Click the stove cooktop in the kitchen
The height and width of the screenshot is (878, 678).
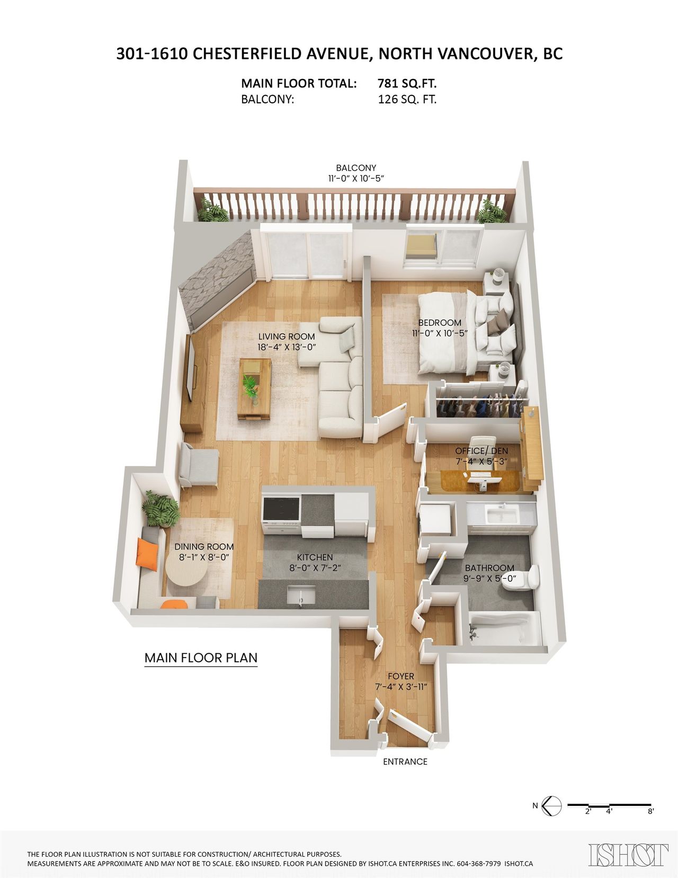coord(281,509)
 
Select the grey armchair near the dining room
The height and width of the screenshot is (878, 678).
coord(199,465)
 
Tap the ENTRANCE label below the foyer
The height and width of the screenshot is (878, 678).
coord(405,761)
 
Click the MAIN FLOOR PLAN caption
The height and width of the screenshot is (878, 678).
coord(201,658)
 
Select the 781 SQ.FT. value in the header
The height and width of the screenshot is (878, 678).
coord(407,83)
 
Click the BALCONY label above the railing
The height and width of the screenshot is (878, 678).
coord(356,167)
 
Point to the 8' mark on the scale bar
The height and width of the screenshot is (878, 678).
coord(650,811)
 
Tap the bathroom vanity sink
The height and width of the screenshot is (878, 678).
coord(502,515)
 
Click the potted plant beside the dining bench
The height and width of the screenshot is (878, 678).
coord(160,510)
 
